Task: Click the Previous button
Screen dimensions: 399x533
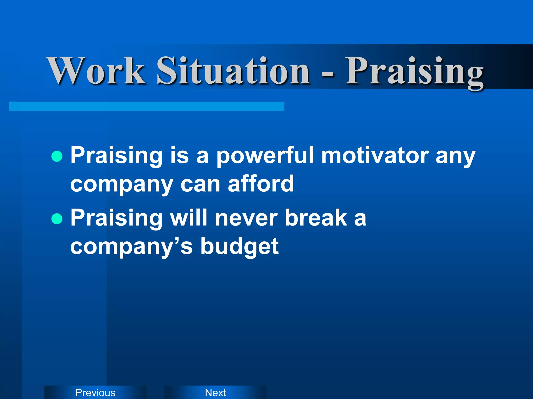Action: (x=95, y=393)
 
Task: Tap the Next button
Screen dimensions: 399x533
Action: (x=215, y=393)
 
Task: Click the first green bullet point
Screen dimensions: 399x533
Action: (x=57, y=156)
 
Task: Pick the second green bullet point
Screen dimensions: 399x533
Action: (x=57, y=219)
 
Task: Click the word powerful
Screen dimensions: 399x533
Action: (x=265, y=156)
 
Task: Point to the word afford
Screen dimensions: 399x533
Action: (x=261, y=184)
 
